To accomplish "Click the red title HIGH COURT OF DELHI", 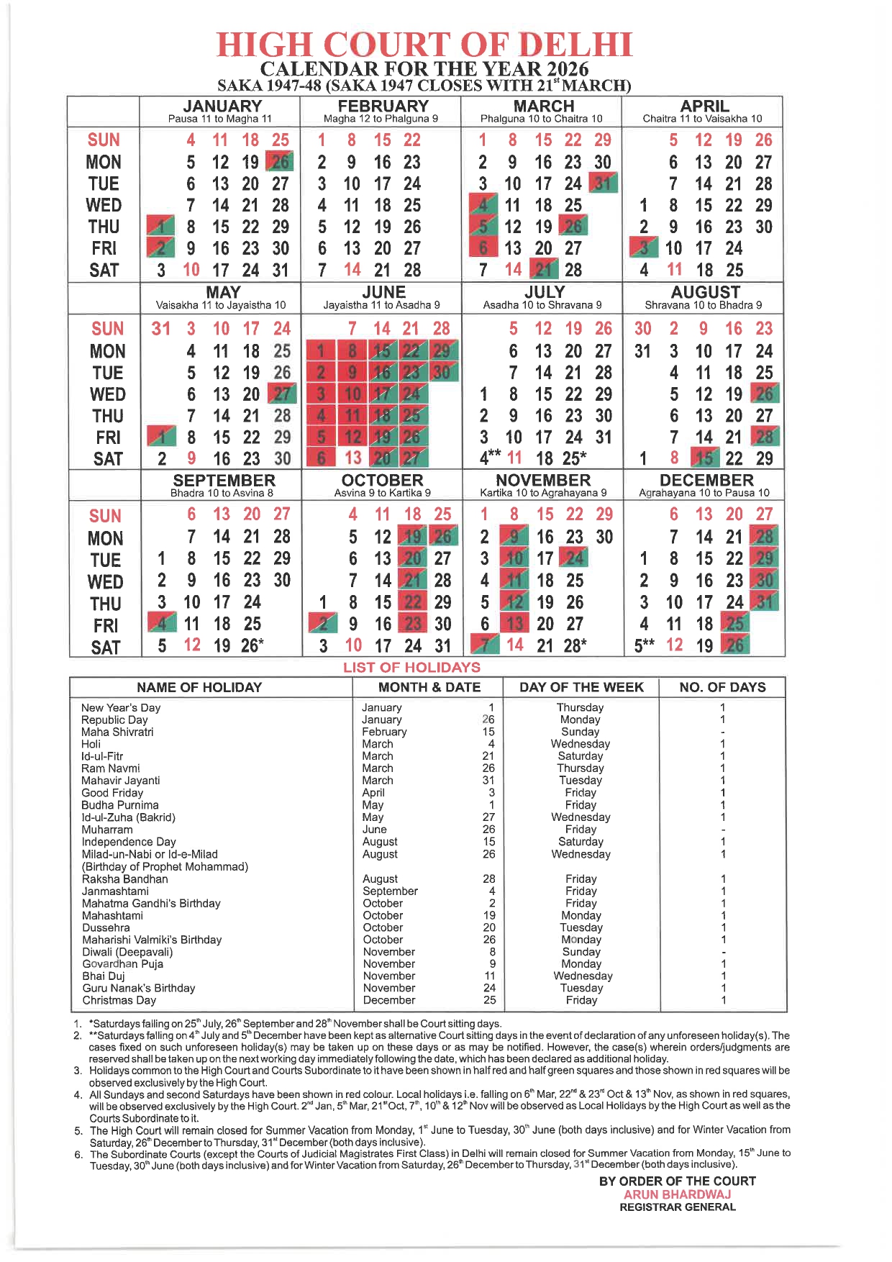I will point(424,45).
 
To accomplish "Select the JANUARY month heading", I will point(222,106).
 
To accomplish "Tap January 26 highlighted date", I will point(280,162).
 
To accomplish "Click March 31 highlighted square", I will point(603,183).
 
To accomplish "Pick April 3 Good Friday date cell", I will point(644,248).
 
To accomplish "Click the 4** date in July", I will point(490,458).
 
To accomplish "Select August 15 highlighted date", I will point(704,458).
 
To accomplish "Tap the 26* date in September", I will point(252,645).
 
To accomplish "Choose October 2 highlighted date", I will point(323,624).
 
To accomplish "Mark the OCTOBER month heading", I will point(382,481).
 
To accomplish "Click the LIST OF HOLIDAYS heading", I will point(411,667).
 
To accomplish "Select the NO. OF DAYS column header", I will point(722,687).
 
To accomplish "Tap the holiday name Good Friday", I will point(112,793).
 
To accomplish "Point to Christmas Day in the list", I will point(119,1000).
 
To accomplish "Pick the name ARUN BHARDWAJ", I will point(677,1194).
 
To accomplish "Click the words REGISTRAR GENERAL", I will point(678,1207).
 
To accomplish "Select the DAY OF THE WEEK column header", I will point(581,687).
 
